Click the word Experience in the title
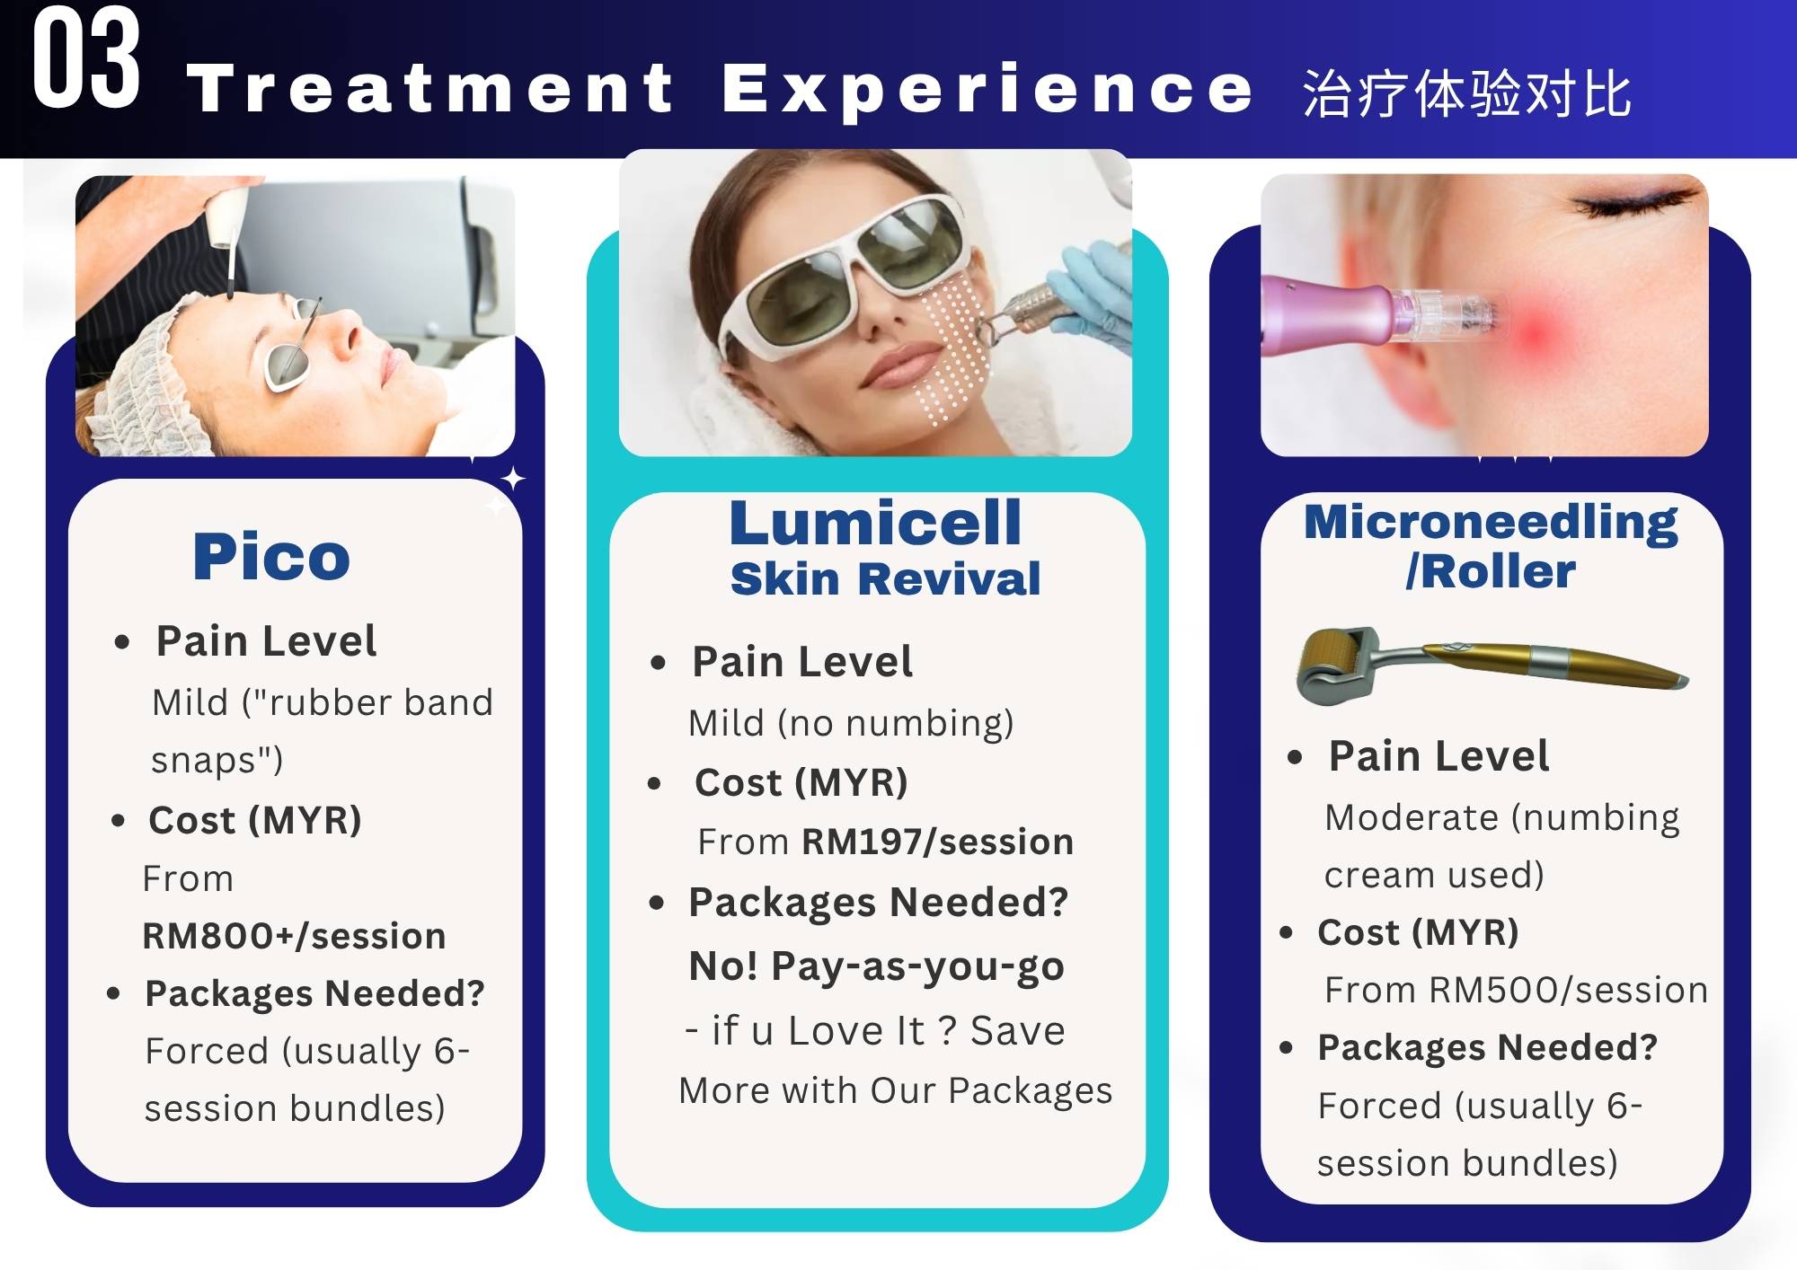(987, 90)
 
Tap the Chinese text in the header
(1466, 93)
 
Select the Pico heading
(271, 557)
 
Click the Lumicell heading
(875, 523)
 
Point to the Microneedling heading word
(1491, 522)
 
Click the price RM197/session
(937, 842)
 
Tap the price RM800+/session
(294, 936)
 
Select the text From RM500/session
(1516, 990)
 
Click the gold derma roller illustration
(1492, 666)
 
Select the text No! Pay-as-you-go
(876, 967)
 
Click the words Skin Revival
(885, 579)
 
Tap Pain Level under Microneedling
(1438, 756)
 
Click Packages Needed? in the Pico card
(314, 994)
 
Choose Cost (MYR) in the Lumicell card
(801, 783)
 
